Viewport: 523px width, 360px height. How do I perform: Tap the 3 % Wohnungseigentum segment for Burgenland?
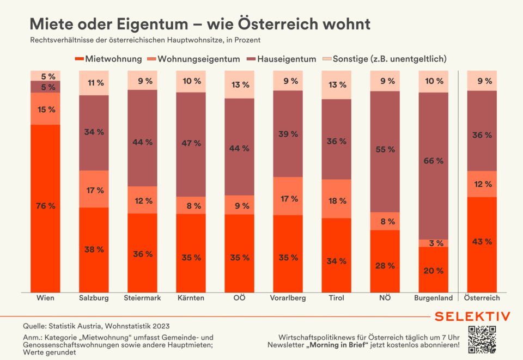(433, 243)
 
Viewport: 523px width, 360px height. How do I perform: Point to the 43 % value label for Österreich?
(482, 241)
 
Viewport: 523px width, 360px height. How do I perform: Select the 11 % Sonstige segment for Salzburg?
(94, 83)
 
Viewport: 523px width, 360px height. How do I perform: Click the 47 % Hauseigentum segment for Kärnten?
(191, 144)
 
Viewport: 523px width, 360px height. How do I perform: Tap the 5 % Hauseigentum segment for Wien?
(45, 87)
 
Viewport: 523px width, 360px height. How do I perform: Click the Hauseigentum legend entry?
(281, 59)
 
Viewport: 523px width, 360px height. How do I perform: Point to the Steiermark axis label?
(142, 298)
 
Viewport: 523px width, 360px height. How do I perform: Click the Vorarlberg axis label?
(288, 298)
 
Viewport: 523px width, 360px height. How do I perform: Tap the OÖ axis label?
(239, 298)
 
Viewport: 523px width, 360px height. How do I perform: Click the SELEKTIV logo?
(472, 316)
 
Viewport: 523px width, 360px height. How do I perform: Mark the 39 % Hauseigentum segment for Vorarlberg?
(288, 133)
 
